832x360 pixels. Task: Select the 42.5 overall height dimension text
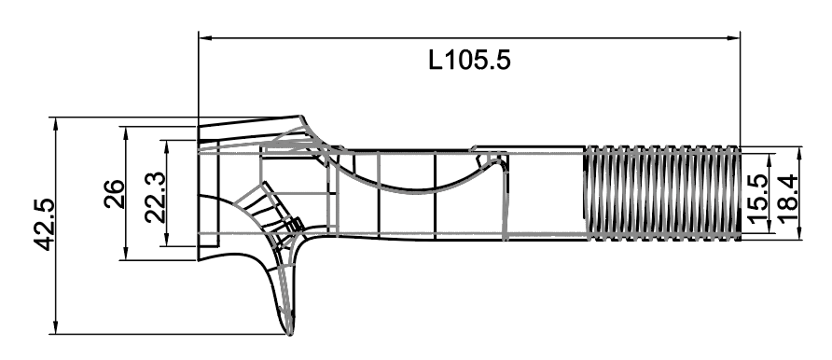[40, 225]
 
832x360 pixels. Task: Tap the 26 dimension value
[113, 195]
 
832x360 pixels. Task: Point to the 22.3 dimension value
[154, 196]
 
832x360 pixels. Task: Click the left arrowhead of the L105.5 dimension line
[204, 38]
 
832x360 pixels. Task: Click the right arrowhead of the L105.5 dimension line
[734, 38]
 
